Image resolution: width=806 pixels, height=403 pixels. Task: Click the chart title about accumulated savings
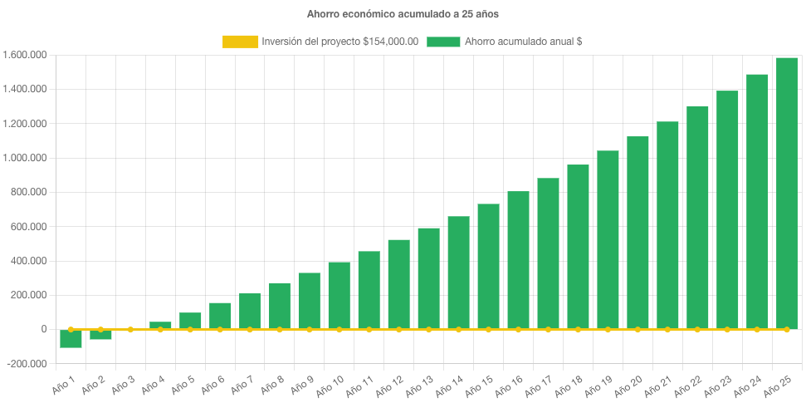click(x=403, y=14)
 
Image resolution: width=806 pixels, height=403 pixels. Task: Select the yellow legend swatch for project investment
click(x=240, y=42)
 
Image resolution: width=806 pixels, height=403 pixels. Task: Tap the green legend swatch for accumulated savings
click(x=443, y=42)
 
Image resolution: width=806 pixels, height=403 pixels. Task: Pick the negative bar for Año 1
click(x=71, y=338)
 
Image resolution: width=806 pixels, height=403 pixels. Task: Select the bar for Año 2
click(x=100, y=334)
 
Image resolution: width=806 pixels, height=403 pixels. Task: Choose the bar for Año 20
click(x=637, y=233)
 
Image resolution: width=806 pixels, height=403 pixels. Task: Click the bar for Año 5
click(x=190, y=321)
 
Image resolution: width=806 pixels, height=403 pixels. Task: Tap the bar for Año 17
click(x=548, y=253)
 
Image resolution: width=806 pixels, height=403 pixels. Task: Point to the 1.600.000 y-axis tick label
click(x=24, y=55)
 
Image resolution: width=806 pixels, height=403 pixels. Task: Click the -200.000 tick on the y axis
click(x=25, y=364)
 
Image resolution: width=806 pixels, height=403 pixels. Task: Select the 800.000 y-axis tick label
click(x=28, y=192)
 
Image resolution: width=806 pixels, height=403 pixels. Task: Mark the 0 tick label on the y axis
click(x=43, y=330)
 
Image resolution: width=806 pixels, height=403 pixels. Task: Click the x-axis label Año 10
click(x=332, y=384)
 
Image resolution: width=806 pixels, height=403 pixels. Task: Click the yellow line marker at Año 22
click(x=697, y=330)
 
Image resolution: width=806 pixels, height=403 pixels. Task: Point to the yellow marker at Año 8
click(x=280, y=330)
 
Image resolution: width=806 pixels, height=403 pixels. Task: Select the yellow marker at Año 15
click(x=488, y=330)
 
